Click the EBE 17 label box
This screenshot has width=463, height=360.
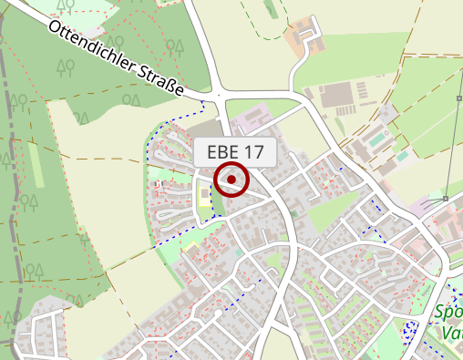[x=234, y=152]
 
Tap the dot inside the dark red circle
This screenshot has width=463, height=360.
[x=232, y=180]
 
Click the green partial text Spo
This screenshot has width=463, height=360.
[x=448, y=312]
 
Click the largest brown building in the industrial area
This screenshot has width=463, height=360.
[x=338, y=94]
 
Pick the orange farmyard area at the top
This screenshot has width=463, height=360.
[x=306, y=36]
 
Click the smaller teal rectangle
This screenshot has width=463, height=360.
[x=402, y=156]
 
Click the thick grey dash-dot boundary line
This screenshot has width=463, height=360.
[x=11, y=182]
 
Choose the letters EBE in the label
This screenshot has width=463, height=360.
[x=223, y=152]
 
